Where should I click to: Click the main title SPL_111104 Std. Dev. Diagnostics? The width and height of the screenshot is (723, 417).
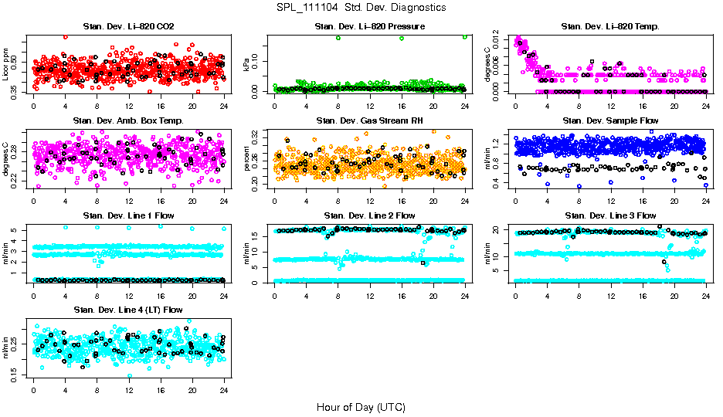[361, 8]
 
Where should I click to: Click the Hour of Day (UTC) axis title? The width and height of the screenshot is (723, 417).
[361, 407]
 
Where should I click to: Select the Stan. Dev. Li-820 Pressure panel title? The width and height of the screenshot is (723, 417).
[369, 27]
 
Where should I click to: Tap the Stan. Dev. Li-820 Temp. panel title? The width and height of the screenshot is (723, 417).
[610, 27]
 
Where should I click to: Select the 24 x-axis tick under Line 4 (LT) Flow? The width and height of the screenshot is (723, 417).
[223, 390]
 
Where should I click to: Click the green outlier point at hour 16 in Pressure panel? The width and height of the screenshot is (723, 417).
[402, 38]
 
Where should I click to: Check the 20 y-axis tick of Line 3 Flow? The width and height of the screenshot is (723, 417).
[497, 229]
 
